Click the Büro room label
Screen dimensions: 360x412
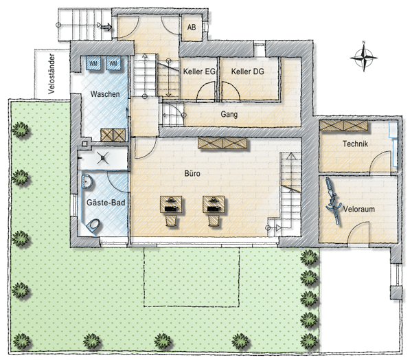click(192, 175)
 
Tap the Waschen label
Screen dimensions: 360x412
click(106, 94)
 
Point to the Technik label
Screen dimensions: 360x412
click(356, 144)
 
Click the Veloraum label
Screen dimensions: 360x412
click(358, 208)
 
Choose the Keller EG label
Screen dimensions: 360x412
click(200, 71)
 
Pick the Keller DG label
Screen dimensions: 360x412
click(248, 71)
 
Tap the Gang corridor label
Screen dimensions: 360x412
click(229, 114)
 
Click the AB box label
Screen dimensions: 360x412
click(191, 28)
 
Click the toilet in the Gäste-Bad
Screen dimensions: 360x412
click(95, 224)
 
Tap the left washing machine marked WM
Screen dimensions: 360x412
click(95, 64)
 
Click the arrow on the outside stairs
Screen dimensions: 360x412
click(106, 27)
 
